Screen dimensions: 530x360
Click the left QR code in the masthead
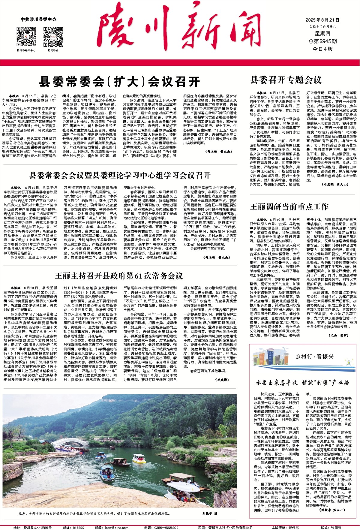(x=26, y=37)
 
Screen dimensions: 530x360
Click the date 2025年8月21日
(x=322, y=20)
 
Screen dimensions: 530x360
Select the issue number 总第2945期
(x=322, y=41)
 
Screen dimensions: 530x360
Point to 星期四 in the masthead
(x=322, y=34)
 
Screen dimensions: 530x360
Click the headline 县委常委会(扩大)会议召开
(x=119, y=81)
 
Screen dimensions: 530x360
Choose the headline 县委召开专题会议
(x=286, y=80)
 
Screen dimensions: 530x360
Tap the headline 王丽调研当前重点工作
(x=289, y=206)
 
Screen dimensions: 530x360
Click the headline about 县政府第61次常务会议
(x=119, y=276)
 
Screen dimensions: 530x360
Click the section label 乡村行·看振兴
(x=314, y=357)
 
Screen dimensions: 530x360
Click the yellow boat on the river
(x=139, y=458)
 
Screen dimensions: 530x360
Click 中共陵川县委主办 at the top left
(x=38, y=19)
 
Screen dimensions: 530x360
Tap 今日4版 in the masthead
(x=322, y=49)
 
